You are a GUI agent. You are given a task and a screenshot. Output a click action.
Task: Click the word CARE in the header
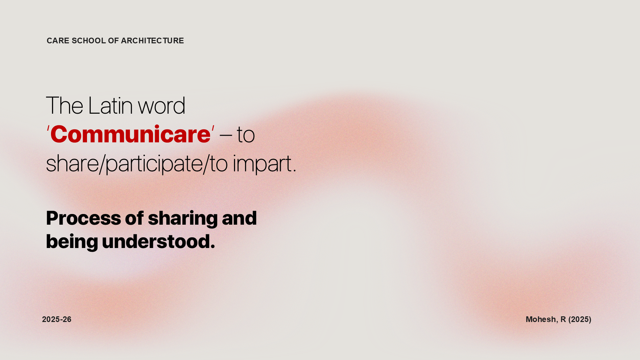pyautogui.click(x=58, y=41)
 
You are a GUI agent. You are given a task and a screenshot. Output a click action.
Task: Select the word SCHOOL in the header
pyautogui.click(x=89, y=41)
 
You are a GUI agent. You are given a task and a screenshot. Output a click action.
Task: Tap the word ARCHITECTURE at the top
pyautogui.click(x=152, y=41)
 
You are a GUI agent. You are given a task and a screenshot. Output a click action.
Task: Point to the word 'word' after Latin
pyautogui.click(x=162, y=105)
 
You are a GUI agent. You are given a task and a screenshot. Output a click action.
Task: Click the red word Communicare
pyautogui.click(x=130, y=134)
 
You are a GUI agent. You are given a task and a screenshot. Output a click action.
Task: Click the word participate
pyautogui.click(x=154, y=164)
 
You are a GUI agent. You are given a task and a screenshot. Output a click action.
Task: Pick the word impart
pyautogui.click(x=262, y=164)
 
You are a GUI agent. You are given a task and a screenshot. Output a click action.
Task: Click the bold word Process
pyautogui.click(x=84, y=218)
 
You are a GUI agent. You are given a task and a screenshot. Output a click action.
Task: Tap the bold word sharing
pyautogui.click(x=183, y=219)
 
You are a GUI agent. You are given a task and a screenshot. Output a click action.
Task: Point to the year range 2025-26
pyautogui.click(x=57, y=319)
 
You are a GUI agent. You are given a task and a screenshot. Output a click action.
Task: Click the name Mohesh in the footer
pyautogui.click(x=541, y=319)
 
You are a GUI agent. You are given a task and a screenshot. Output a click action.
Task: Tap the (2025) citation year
pyautogui.click(x=580, y=319)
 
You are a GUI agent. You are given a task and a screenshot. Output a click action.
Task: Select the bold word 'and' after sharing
pyautogui.click(x=239, y=218)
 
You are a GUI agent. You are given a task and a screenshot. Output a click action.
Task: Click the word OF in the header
pyautogui.click(x=113, y=41)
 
